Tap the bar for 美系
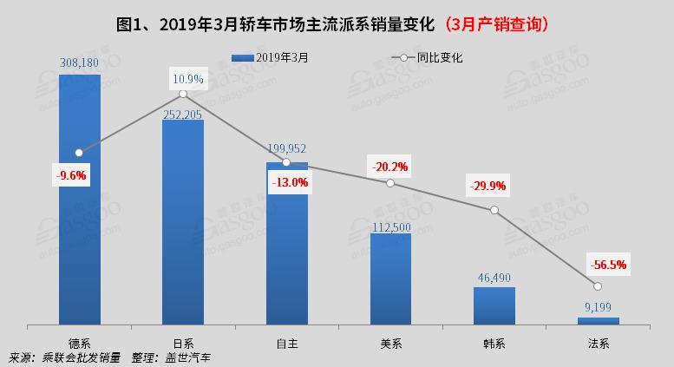[390, 279]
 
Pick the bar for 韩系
[494, 305]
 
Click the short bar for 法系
[599, 321]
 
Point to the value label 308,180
[80, 62]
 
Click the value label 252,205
[183, 110]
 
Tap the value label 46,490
[494, 279]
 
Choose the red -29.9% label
[488, 186]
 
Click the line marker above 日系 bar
[183, 94]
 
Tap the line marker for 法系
[598, 286]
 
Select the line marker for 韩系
[494, 211]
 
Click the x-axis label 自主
[286, 343]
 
